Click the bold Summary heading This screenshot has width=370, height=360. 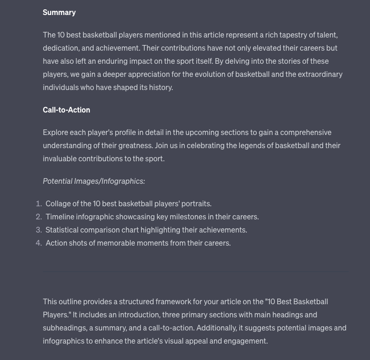click(x=59, y=12)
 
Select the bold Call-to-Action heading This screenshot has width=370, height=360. click(x=67, y=110)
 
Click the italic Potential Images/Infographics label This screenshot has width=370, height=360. click(x=94, y=181)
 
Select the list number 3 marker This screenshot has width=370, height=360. click(x=39, y=230)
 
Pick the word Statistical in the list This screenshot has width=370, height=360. click(x=62, y=230)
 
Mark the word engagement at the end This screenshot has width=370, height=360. click(x=244, y=341)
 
